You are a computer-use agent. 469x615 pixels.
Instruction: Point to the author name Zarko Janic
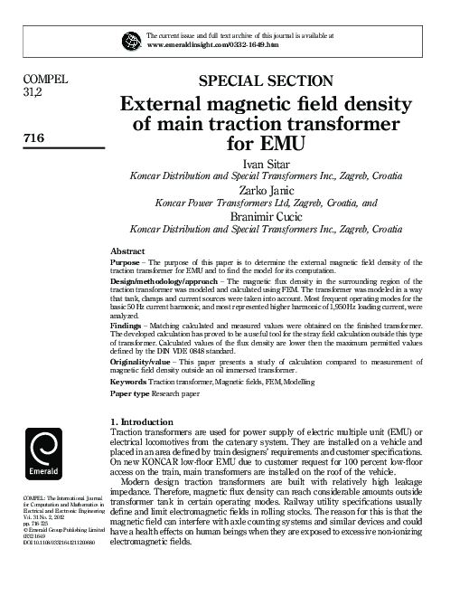click(267, 192)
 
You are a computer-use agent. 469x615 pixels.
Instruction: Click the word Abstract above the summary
click(127, 251)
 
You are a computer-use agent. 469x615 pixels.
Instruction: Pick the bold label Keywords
click(128, 396)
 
